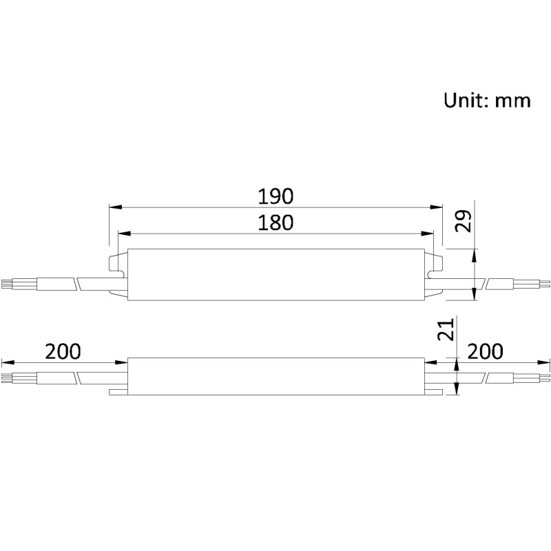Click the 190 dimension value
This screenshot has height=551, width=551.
click(275, 196)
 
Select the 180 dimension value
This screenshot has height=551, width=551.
click(275, 222)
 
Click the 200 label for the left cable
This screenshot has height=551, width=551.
click(63, 351)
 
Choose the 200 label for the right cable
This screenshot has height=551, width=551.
click(486, 351)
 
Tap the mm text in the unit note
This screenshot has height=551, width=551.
click(513, 101)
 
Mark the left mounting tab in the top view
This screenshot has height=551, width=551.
click(118, 275)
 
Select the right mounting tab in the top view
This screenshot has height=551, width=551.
click(434, 275)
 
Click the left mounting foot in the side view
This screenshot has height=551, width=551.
click(118, 391)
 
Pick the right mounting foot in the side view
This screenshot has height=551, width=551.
click(433, 391)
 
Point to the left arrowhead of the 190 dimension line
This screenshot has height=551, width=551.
click(114, 207)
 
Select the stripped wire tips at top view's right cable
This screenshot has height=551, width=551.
click(544, 283)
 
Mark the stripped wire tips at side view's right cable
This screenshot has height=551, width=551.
click(544, 377)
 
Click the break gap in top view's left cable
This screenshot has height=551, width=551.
click(76, 283)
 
